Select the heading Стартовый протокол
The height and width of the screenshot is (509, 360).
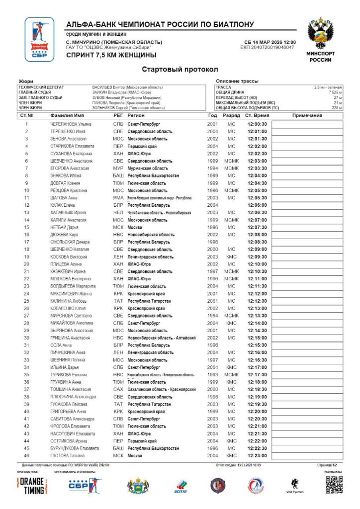coord(180,69)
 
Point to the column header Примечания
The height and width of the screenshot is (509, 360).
coord(307,115)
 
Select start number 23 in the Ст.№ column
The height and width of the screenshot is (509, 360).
coord(26,286)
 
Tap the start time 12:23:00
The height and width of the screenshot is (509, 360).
coord(258,455)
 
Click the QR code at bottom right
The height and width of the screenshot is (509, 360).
coord(334,485)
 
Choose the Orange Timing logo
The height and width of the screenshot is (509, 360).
coord(33,486)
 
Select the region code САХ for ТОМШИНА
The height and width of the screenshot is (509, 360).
coord(118,389)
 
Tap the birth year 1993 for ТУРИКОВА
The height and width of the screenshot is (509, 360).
coord(212,374)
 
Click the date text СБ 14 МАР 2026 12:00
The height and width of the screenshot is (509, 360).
coord(270,42)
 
